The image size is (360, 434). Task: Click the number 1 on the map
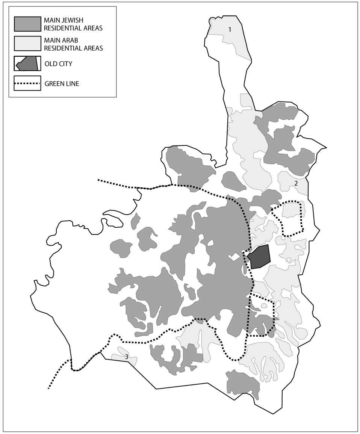pos(230,29)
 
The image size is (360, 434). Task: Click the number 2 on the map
pos(296,183)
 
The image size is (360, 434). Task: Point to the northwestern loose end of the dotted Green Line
pos(98,180)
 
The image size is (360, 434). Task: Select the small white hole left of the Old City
pos(235,257)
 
